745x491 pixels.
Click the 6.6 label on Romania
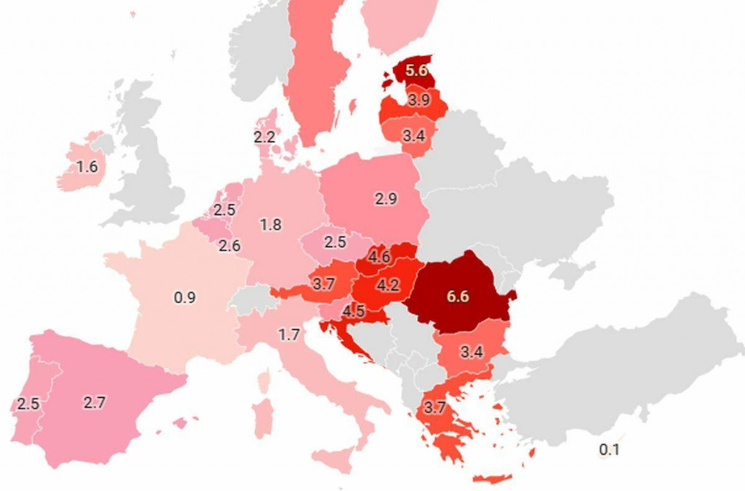pos(458,296)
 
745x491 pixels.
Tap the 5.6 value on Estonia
pos(417,71)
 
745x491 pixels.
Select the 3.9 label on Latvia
pos(418,101)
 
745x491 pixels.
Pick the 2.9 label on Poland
pos(386,198)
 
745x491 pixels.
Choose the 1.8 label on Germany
pos(271,224)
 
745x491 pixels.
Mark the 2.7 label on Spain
pos(95,402)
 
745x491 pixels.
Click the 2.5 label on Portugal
pos(28,404)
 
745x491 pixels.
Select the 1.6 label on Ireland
pos(87,167)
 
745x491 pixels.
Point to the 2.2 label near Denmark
pos(264,136)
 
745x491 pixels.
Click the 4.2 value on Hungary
pos(388,286)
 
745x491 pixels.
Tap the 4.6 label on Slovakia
pos(379,256)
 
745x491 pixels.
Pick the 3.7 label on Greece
pos(434,408)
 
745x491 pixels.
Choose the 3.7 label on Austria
pos(322,284)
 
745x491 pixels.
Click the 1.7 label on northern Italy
pos(289,335)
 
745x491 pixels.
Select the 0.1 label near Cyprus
pos(609,449)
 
